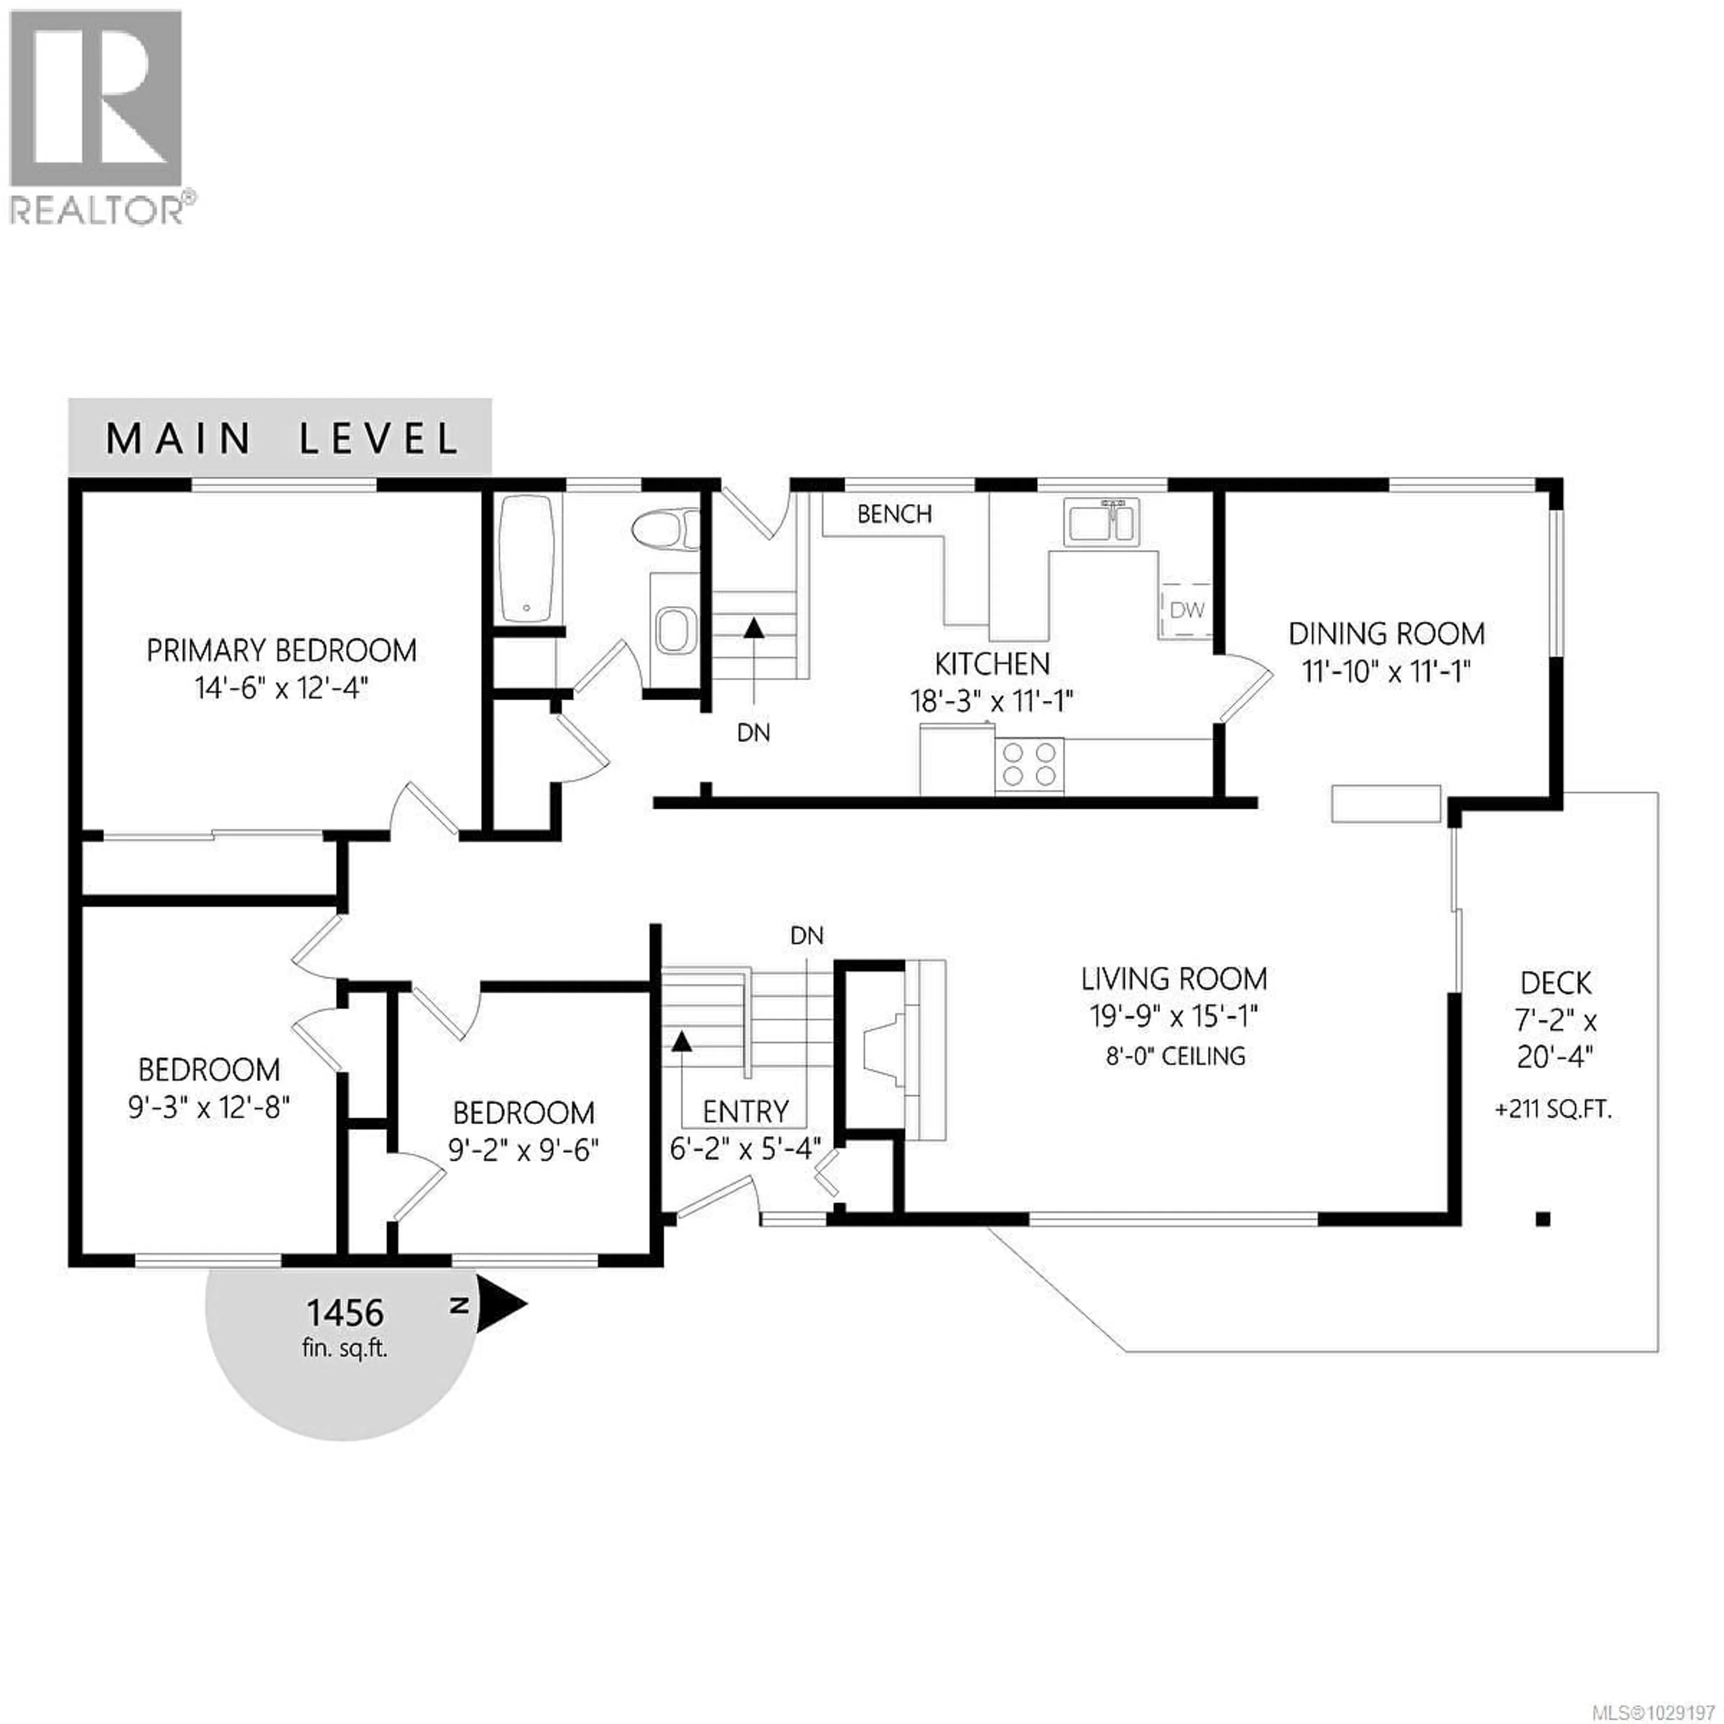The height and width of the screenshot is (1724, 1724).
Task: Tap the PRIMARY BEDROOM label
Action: [281, 651]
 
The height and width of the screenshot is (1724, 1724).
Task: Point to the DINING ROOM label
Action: [1386, 634]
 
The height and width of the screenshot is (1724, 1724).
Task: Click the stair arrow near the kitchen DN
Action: [754, 629]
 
